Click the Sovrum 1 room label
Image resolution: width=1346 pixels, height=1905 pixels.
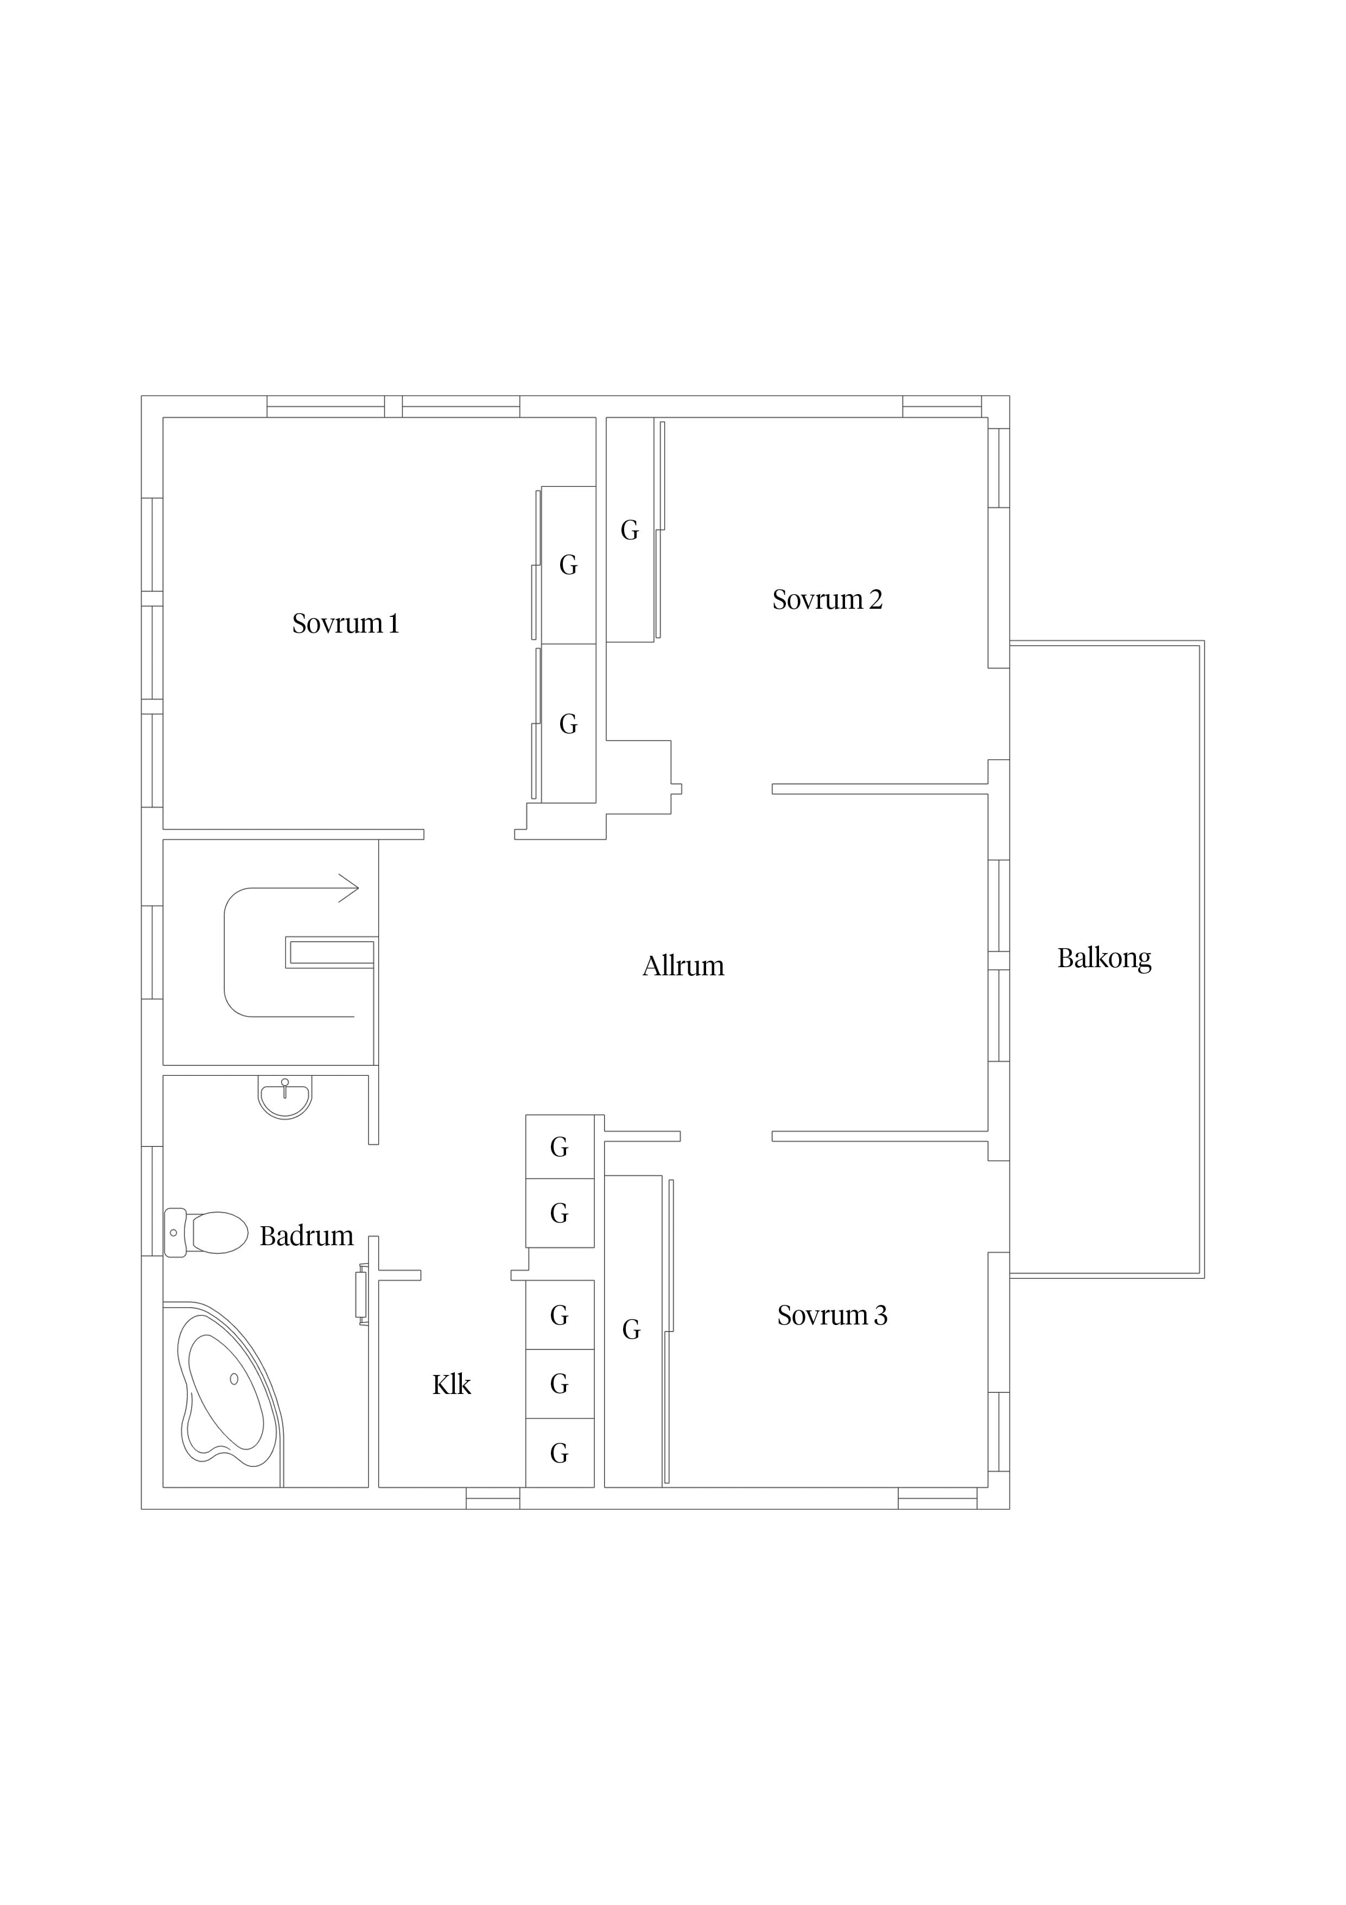(345, 623)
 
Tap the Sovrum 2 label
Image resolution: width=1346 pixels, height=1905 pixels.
(827, 599)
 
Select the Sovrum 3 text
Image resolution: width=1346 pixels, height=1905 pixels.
(832, 1315)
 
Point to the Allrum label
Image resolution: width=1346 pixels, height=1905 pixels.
(683, 966)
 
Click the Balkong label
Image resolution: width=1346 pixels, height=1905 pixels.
(1104, 959)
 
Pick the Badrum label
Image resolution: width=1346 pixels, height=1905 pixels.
(306, 1237)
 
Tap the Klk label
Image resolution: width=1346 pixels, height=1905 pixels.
(451, 1385)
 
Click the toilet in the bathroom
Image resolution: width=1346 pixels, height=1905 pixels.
(206, 1232)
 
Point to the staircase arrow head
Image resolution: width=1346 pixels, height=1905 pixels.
(349, 888)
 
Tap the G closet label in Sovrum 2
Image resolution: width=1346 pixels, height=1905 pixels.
(630, 530)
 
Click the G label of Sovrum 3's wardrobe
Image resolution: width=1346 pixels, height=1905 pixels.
(631, 1330)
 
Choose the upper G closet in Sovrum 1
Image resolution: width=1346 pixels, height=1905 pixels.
(568, 565)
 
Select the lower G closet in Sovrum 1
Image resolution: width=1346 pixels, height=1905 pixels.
(568, 724)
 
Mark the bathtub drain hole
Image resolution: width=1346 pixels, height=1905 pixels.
(234, 1379)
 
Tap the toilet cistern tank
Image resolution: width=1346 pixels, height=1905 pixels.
(174, 1232)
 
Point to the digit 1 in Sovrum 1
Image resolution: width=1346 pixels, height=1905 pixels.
(394, 623)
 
